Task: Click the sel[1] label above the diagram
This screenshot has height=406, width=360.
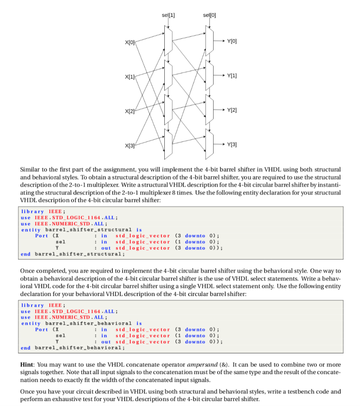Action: tap(168, 15)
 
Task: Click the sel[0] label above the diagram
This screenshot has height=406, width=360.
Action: tap(209, 15)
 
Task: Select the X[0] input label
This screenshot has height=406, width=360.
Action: tap(130, 42)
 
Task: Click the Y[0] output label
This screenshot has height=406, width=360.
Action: tap(232, 41)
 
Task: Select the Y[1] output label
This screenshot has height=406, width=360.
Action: tap(232, 75)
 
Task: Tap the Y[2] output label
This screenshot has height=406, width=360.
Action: tap(232, 109)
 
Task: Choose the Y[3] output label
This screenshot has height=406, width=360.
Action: tap(232, 144)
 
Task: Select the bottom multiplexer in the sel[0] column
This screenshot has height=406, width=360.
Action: tap(209, 144)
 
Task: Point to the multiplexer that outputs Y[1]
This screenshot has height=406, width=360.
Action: tap(209, 75)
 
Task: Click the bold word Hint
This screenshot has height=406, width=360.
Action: tap(27, 364)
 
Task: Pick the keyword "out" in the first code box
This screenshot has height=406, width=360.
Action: tap(106, 248)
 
